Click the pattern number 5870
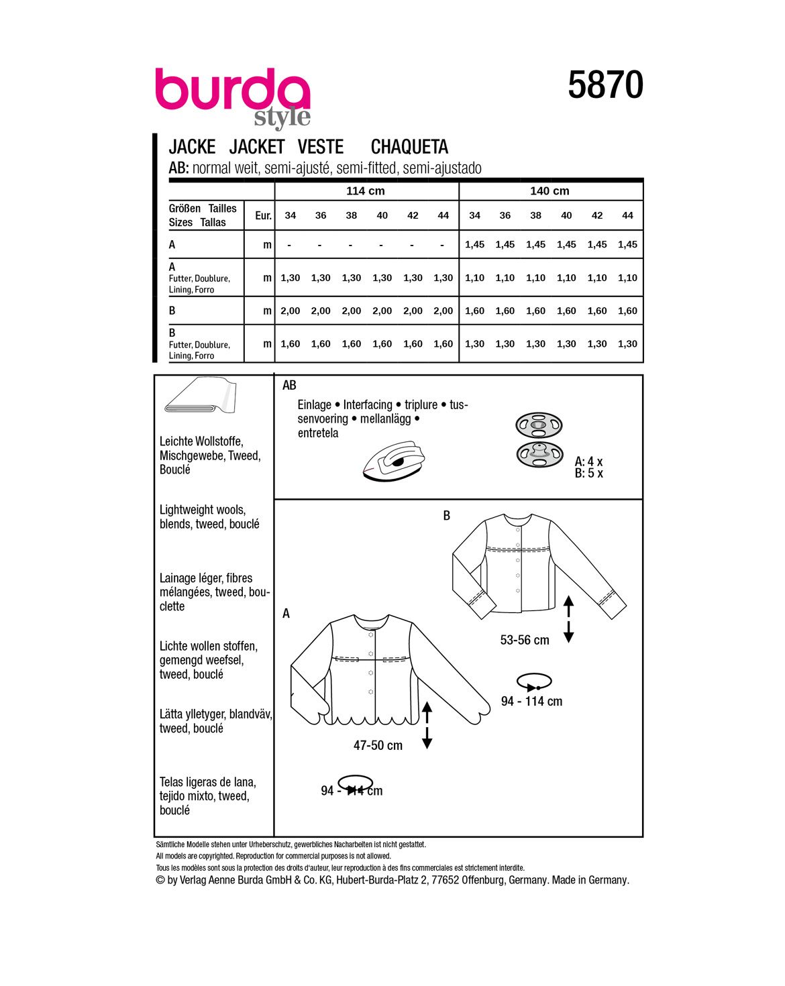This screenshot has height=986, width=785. (605, 85)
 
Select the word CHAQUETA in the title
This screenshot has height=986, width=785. (409, 147)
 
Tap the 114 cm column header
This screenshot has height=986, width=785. (366, 191)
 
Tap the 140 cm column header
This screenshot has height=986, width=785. (549, 191)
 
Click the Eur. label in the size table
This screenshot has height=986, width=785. (263, 215)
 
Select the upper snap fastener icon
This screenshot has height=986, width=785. (538, 425)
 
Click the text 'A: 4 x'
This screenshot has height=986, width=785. (588, 461)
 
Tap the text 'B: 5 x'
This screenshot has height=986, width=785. (588, 474)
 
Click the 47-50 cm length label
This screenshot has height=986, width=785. (378, 745)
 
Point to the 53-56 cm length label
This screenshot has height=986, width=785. (525, 641)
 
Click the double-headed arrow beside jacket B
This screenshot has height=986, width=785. (569, 618)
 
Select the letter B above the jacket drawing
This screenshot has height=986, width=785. (447, 516)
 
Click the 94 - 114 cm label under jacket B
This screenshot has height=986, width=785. (531, 702)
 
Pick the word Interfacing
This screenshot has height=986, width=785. (368, 404)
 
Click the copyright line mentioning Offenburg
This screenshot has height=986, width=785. (392, 880)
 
